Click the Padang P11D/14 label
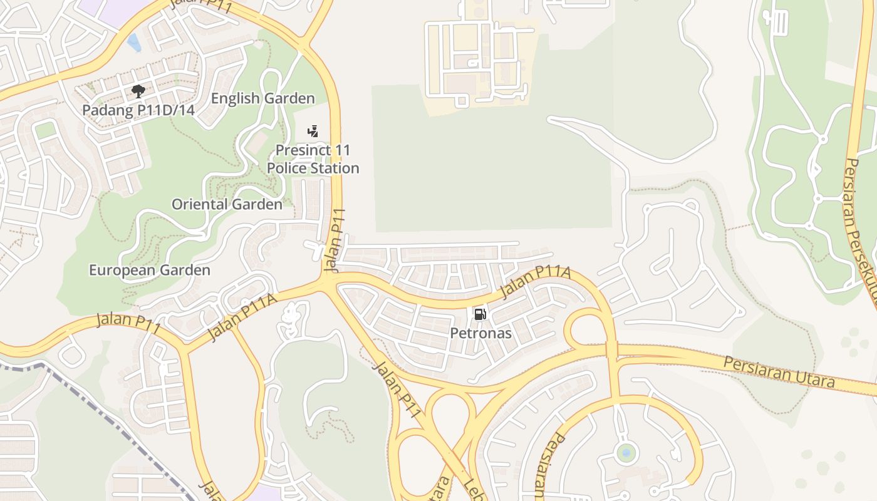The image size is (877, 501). point(138,111)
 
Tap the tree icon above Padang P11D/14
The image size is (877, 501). point(138,92)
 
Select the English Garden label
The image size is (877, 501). point(262,98)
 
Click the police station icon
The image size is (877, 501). point(313,132)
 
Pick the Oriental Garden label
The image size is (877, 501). point(227,204)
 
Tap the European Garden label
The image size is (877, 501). point(150,270)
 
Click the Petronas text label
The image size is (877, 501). point(480,333)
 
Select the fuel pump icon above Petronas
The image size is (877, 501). point(480,314)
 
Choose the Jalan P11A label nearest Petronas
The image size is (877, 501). point(536,283)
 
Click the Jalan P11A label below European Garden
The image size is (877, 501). point(242,318)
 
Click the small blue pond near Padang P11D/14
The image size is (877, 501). point(133,43)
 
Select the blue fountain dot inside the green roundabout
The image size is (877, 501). point(626,452)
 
